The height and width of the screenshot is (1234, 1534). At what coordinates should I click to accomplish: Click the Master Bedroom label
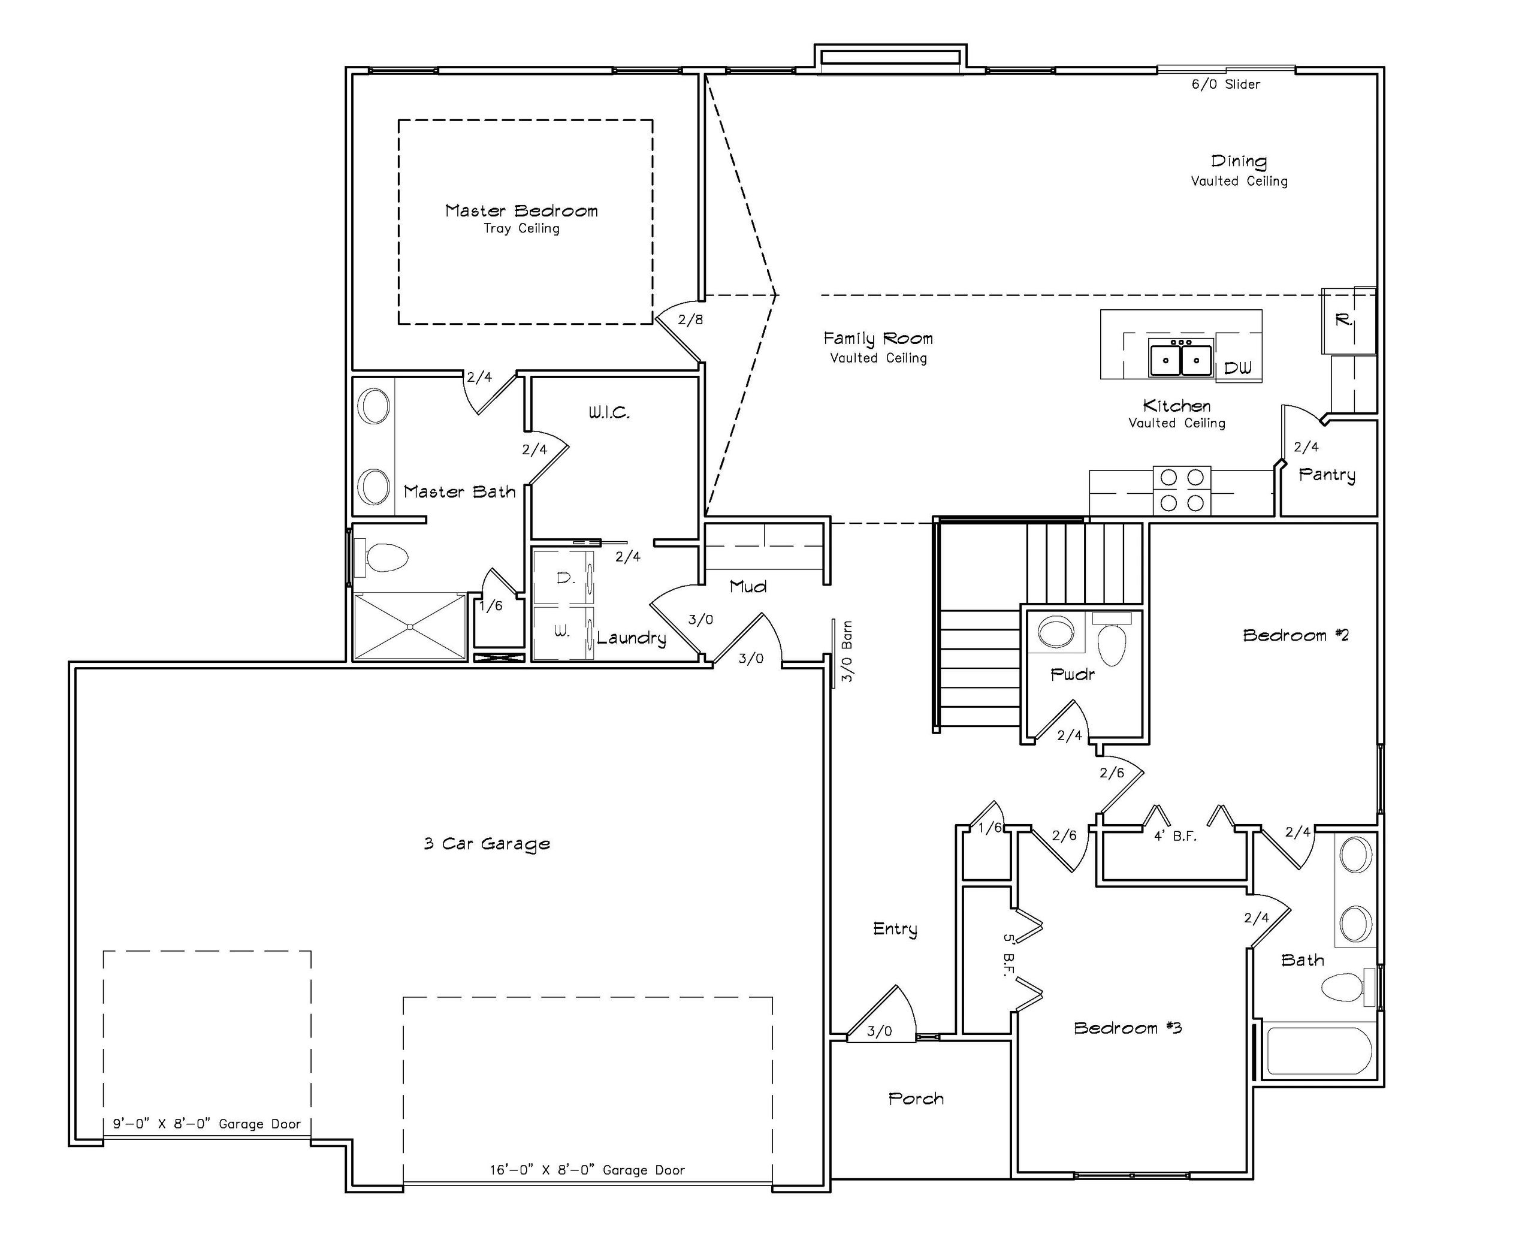(x=521, y=210)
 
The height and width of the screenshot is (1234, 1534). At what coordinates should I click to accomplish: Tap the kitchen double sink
(x=1181, y=357)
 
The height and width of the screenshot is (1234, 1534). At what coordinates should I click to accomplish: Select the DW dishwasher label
(x=1238, y=367)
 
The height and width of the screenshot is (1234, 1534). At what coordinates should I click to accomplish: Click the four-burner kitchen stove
(x=1182, y=490)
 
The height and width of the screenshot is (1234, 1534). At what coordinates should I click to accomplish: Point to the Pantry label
(x=1327, y=475)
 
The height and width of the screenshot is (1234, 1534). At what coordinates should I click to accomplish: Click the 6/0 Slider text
(x=1226, y=84)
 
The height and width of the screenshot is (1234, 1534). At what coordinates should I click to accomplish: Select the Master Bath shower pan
(x=410, y=626)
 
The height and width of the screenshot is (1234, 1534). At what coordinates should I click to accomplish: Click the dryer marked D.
(x=563, y=578)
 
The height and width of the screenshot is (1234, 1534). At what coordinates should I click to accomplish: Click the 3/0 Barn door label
(x=847, y=652)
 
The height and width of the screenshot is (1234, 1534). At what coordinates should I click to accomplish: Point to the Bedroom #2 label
(x=1296, y=635)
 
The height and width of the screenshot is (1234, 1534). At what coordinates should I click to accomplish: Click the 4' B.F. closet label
(x=1176, y=836)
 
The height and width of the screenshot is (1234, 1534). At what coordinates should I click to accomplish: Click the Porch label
(x=916, y=1099)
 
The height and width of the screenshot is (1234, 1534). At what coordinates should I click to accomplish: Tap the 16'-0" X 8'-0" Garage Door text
(x=587, y=1170)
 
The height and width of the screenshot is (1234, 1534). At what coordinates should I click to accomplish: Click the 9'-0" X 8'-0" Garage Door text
(x=207, y=1124)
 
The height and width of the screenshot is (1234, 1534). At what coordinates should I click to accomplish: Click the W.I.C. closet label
(x=609, y=412)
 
